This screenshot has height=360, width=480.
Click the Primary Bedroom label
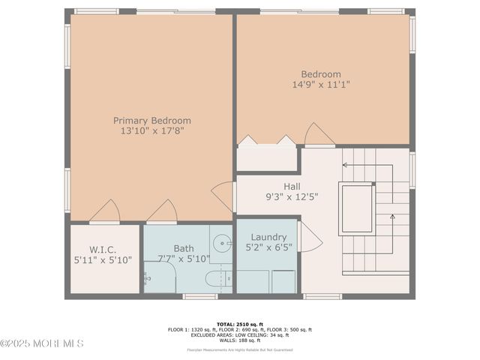point(151,120)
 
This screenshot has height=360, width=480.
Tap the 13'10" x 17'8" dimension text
point(151,130)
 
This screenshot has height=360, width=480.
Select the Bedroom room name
point(321,74)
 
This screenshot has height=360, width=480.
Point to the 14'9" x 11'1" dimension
point(321,85)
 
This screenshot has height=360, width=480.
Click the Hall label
point(292,186)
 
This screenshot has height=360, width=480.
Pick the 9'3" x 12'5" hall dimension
point(292,196)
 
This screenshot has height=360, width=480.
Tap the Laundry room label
point(268,237)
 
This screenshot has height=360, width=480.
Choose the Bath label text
point(184,248)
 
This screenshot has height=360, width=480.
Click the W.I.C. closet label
point(103,249)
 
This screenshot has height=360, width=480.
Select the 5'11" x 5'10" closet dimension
point(103,259)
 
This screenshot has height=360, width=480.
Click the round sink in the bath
point(220,243)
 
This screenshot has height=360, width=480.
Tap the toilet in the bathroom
point(218,280)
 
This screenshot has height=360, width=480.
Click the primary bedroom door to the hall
point(223,196)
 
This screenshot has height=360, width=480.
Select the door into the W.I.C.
point(105,211)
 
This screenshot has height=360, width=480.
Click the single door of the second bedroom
point(319,135)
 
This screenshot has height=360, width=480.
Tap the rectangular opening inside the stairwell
point(357,208)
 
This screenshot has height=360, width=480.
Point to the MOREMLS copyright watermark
point(42,343)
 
